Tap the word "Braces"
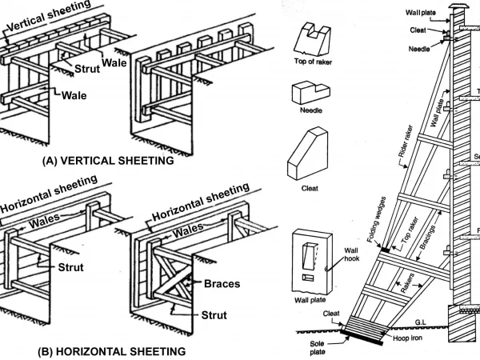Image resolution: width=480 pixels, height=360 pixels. click(221, 282)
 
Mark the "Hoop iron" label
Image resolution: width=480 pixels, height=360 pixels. click(409, 338)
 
